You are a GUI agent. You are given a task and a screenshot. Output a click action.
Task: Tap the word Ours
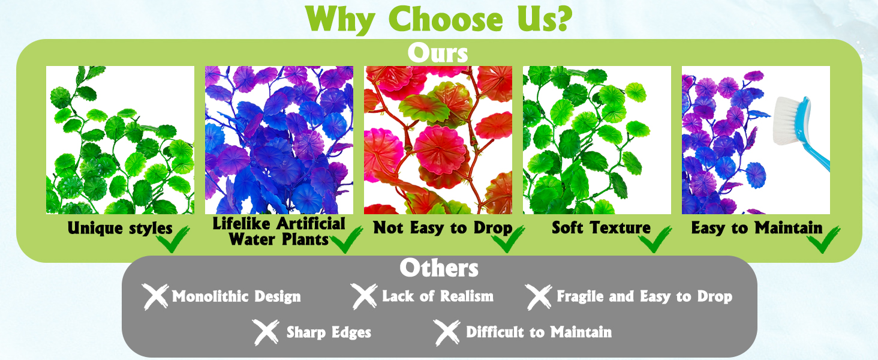[438, 53]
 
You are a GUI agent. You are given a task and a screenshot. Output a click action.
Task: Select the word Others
[439, 268]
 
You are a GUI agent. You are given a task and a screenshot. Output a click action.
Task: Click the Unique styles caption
[120, 228]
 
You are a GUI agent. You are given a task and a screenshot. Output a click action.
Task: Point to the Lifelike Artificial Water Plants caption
[279, 232]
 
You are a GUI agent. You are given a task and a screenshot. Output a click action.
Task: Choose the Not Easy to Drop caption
[443, 228]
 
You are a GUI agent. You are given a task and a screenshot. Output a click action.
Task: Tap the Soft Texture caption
[601, 228]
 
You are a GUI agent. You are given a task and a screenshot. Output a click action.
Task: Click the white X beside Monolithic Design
[156, 296]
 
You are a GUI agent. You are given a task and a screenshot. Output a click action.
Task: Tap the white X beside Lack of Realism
[365, 296]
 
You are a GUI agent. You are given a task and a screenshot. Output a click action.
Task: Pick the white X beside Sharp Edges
[266, 332]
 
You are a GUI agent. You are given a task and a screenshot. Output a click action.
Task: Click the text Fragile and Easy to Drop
[644, 296]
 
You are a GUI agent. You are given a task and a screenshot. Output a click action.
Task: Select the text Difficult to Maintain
[539, 332]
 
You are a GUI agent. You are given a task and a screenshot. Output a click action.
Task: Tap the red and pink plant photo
[438, 140]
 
